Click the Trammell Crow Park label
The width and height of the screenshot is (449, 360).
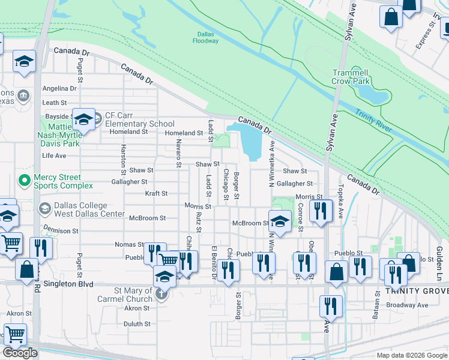[359, 76]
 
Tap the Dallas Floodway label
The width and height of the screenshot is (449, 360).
[206, 37]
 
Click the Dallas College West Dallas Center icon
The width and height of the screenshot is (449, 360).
[44, 209]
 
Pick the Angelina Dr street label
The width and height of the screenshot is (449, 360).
[59, 88]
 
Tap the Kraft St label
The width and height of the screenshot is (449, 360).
[156, 194]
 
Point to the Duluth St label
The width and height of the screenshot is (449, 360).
[137, 323]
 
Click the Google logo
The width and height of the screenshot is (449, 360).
[20, 353]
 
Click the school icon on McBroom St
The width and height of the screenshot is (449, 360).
[280, 221]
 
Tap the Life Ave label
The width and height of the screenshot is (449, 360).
[54, 155]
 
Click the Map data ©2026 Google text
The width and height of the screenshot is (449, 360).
[411, 355]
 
